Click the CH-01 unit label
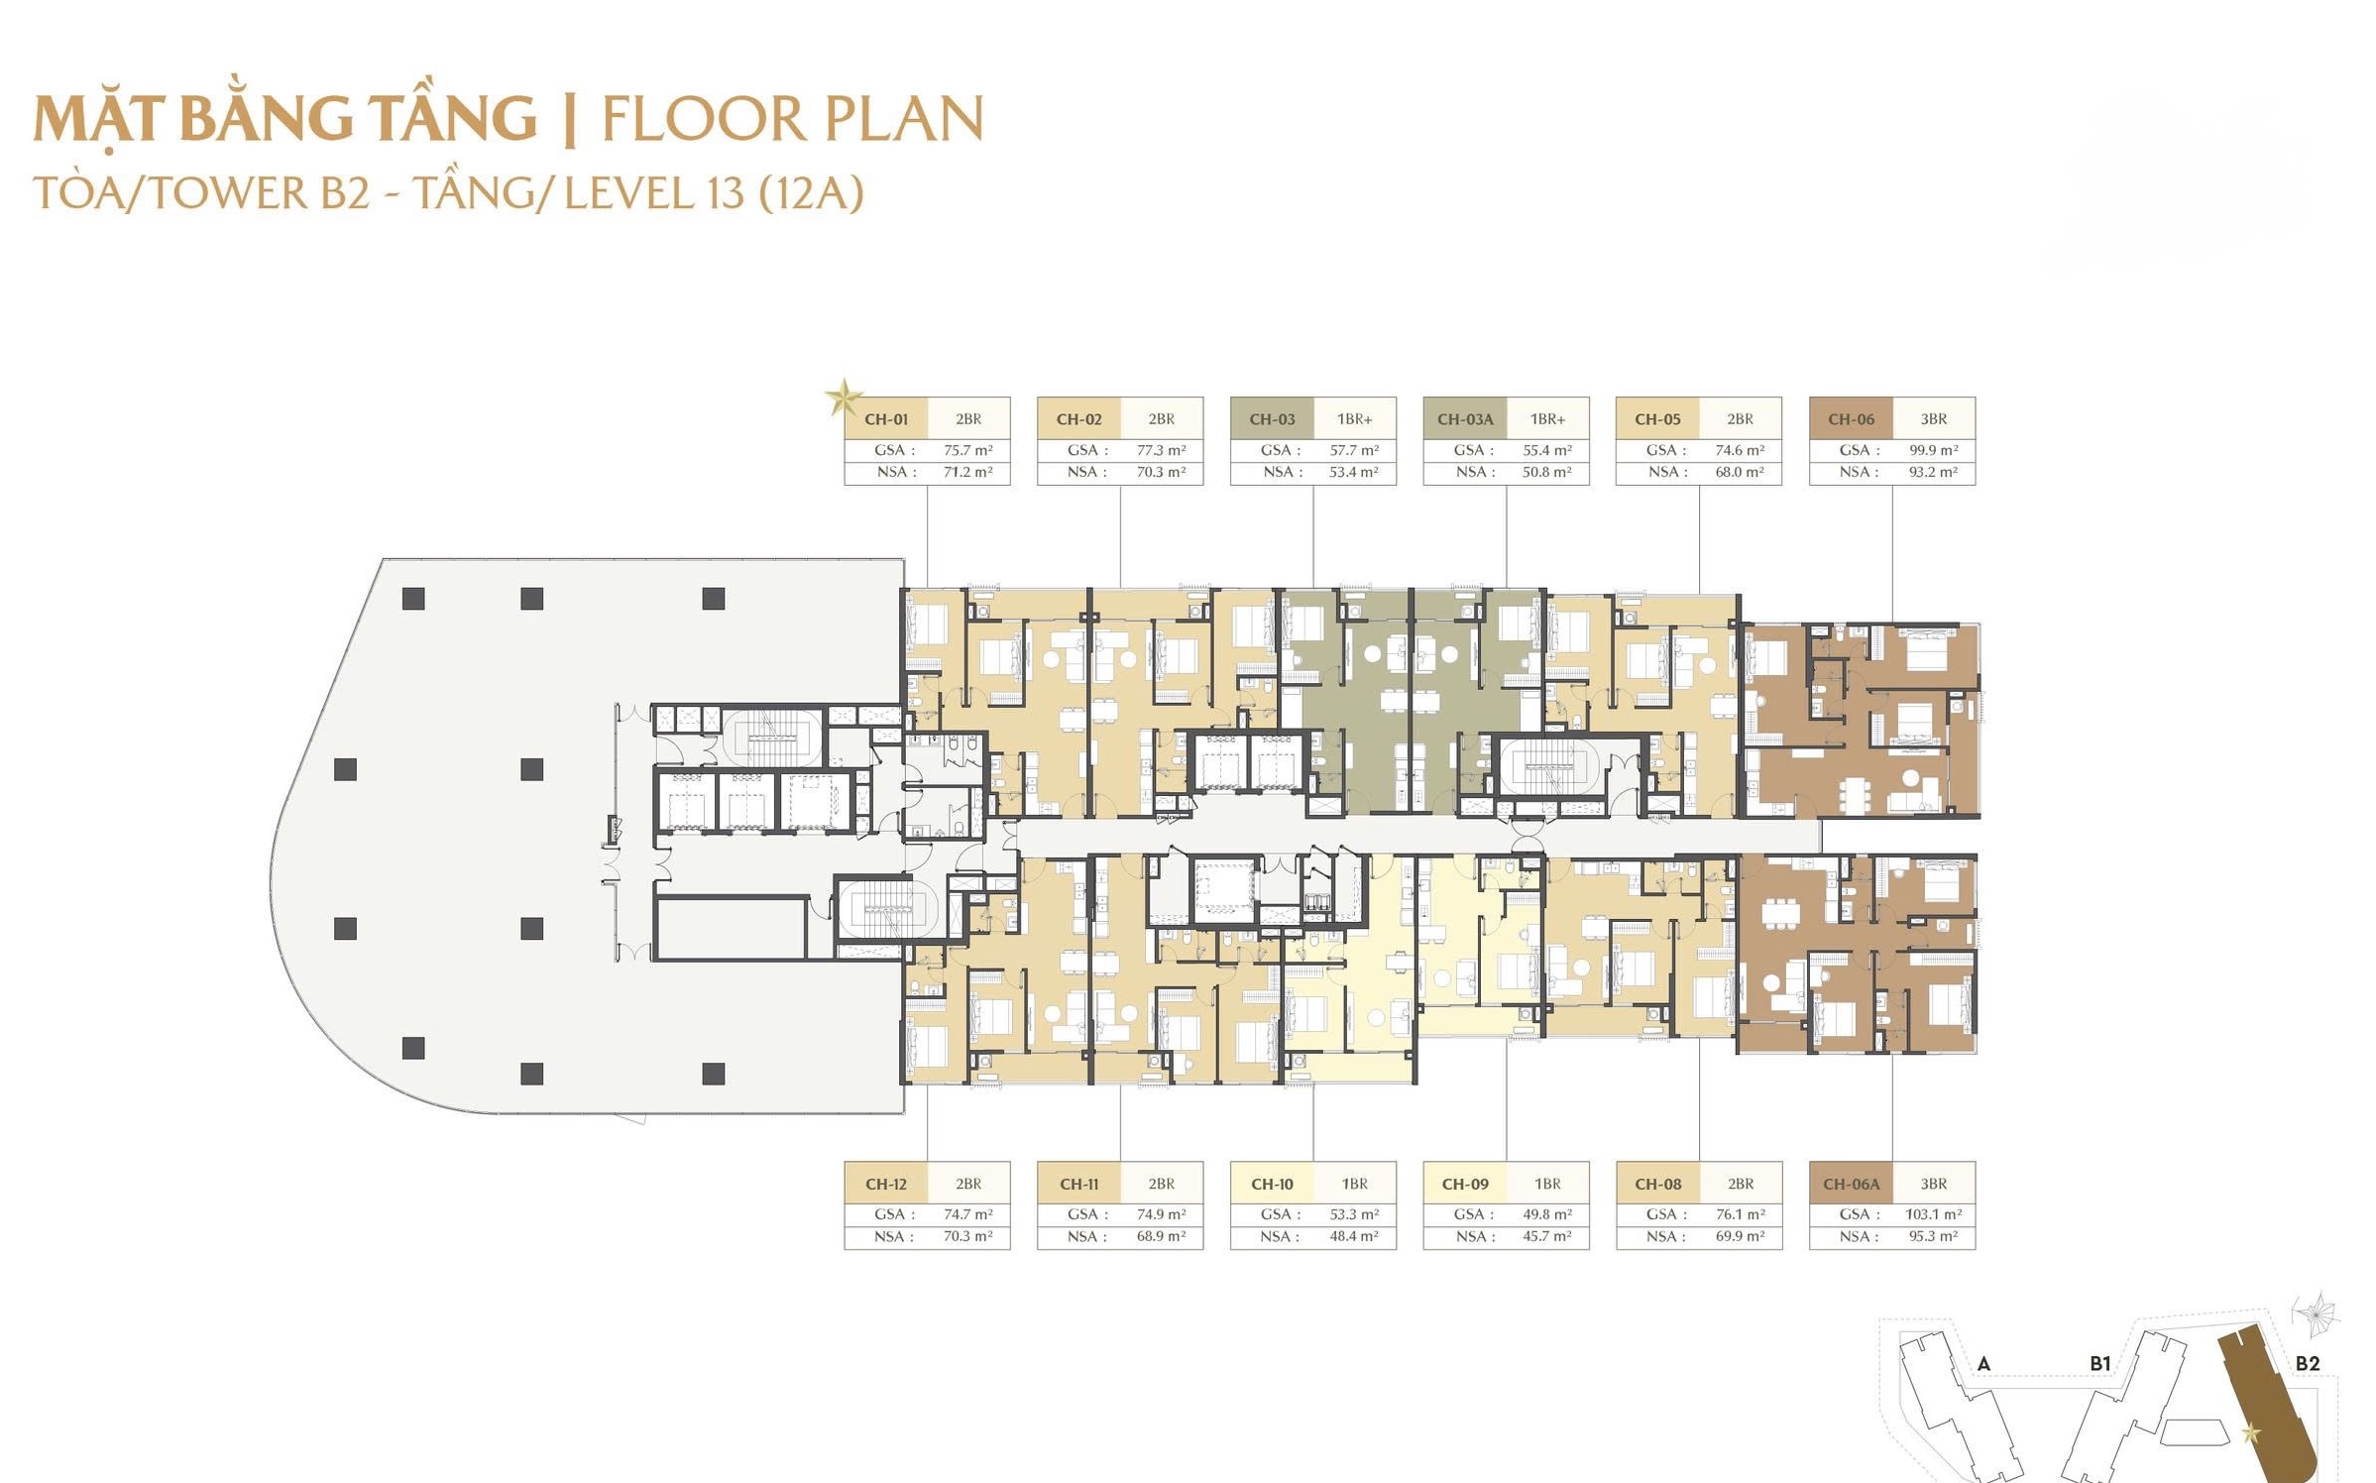click(885, 419)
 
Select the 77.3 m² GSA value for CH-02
click(1161, 450)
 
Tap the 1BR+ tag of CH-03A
click(1547, 419)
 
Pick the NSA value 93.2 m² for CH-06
click(1933, 472)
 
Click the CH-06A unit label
click(1851, 1184)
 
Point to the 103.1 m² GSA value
click(1933, 1214)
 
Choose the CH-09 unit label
click(1465, 1184)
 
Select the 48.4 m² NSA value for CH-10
click(1353, 1236)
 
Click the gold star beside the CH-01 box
click(844, 399)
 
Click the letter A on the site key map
click(1983, 1364)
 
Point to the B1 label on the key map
click(2099, 1364)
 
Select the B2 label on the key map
click(2307, 1364)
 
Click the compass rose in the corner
click(2318, 1316)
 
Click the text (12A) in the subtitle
click(811, 192)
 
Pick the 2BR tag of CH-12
click(968, 1184)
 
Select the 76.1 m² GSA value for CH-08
click(1740, 1214)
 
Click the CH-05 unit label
click(1657, 419)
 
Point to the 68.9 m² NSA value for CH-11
click(1161, 1236)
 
